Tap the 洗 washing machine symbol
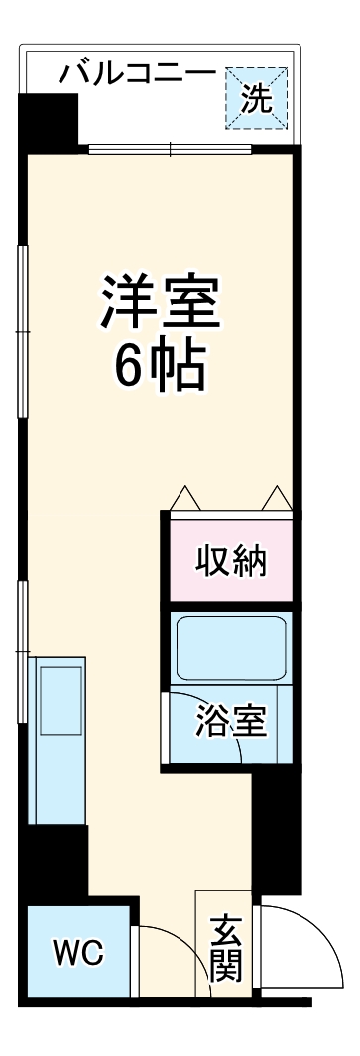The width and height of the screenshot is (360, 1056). (x=256, y=97)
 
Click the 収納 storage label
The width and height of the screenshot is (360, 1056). (x=230, y=562)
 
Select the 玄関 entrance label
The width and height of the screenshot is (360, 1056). (x=226, y=946)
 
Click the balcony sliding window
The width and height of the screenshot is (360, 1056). (x=171, y=150)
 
